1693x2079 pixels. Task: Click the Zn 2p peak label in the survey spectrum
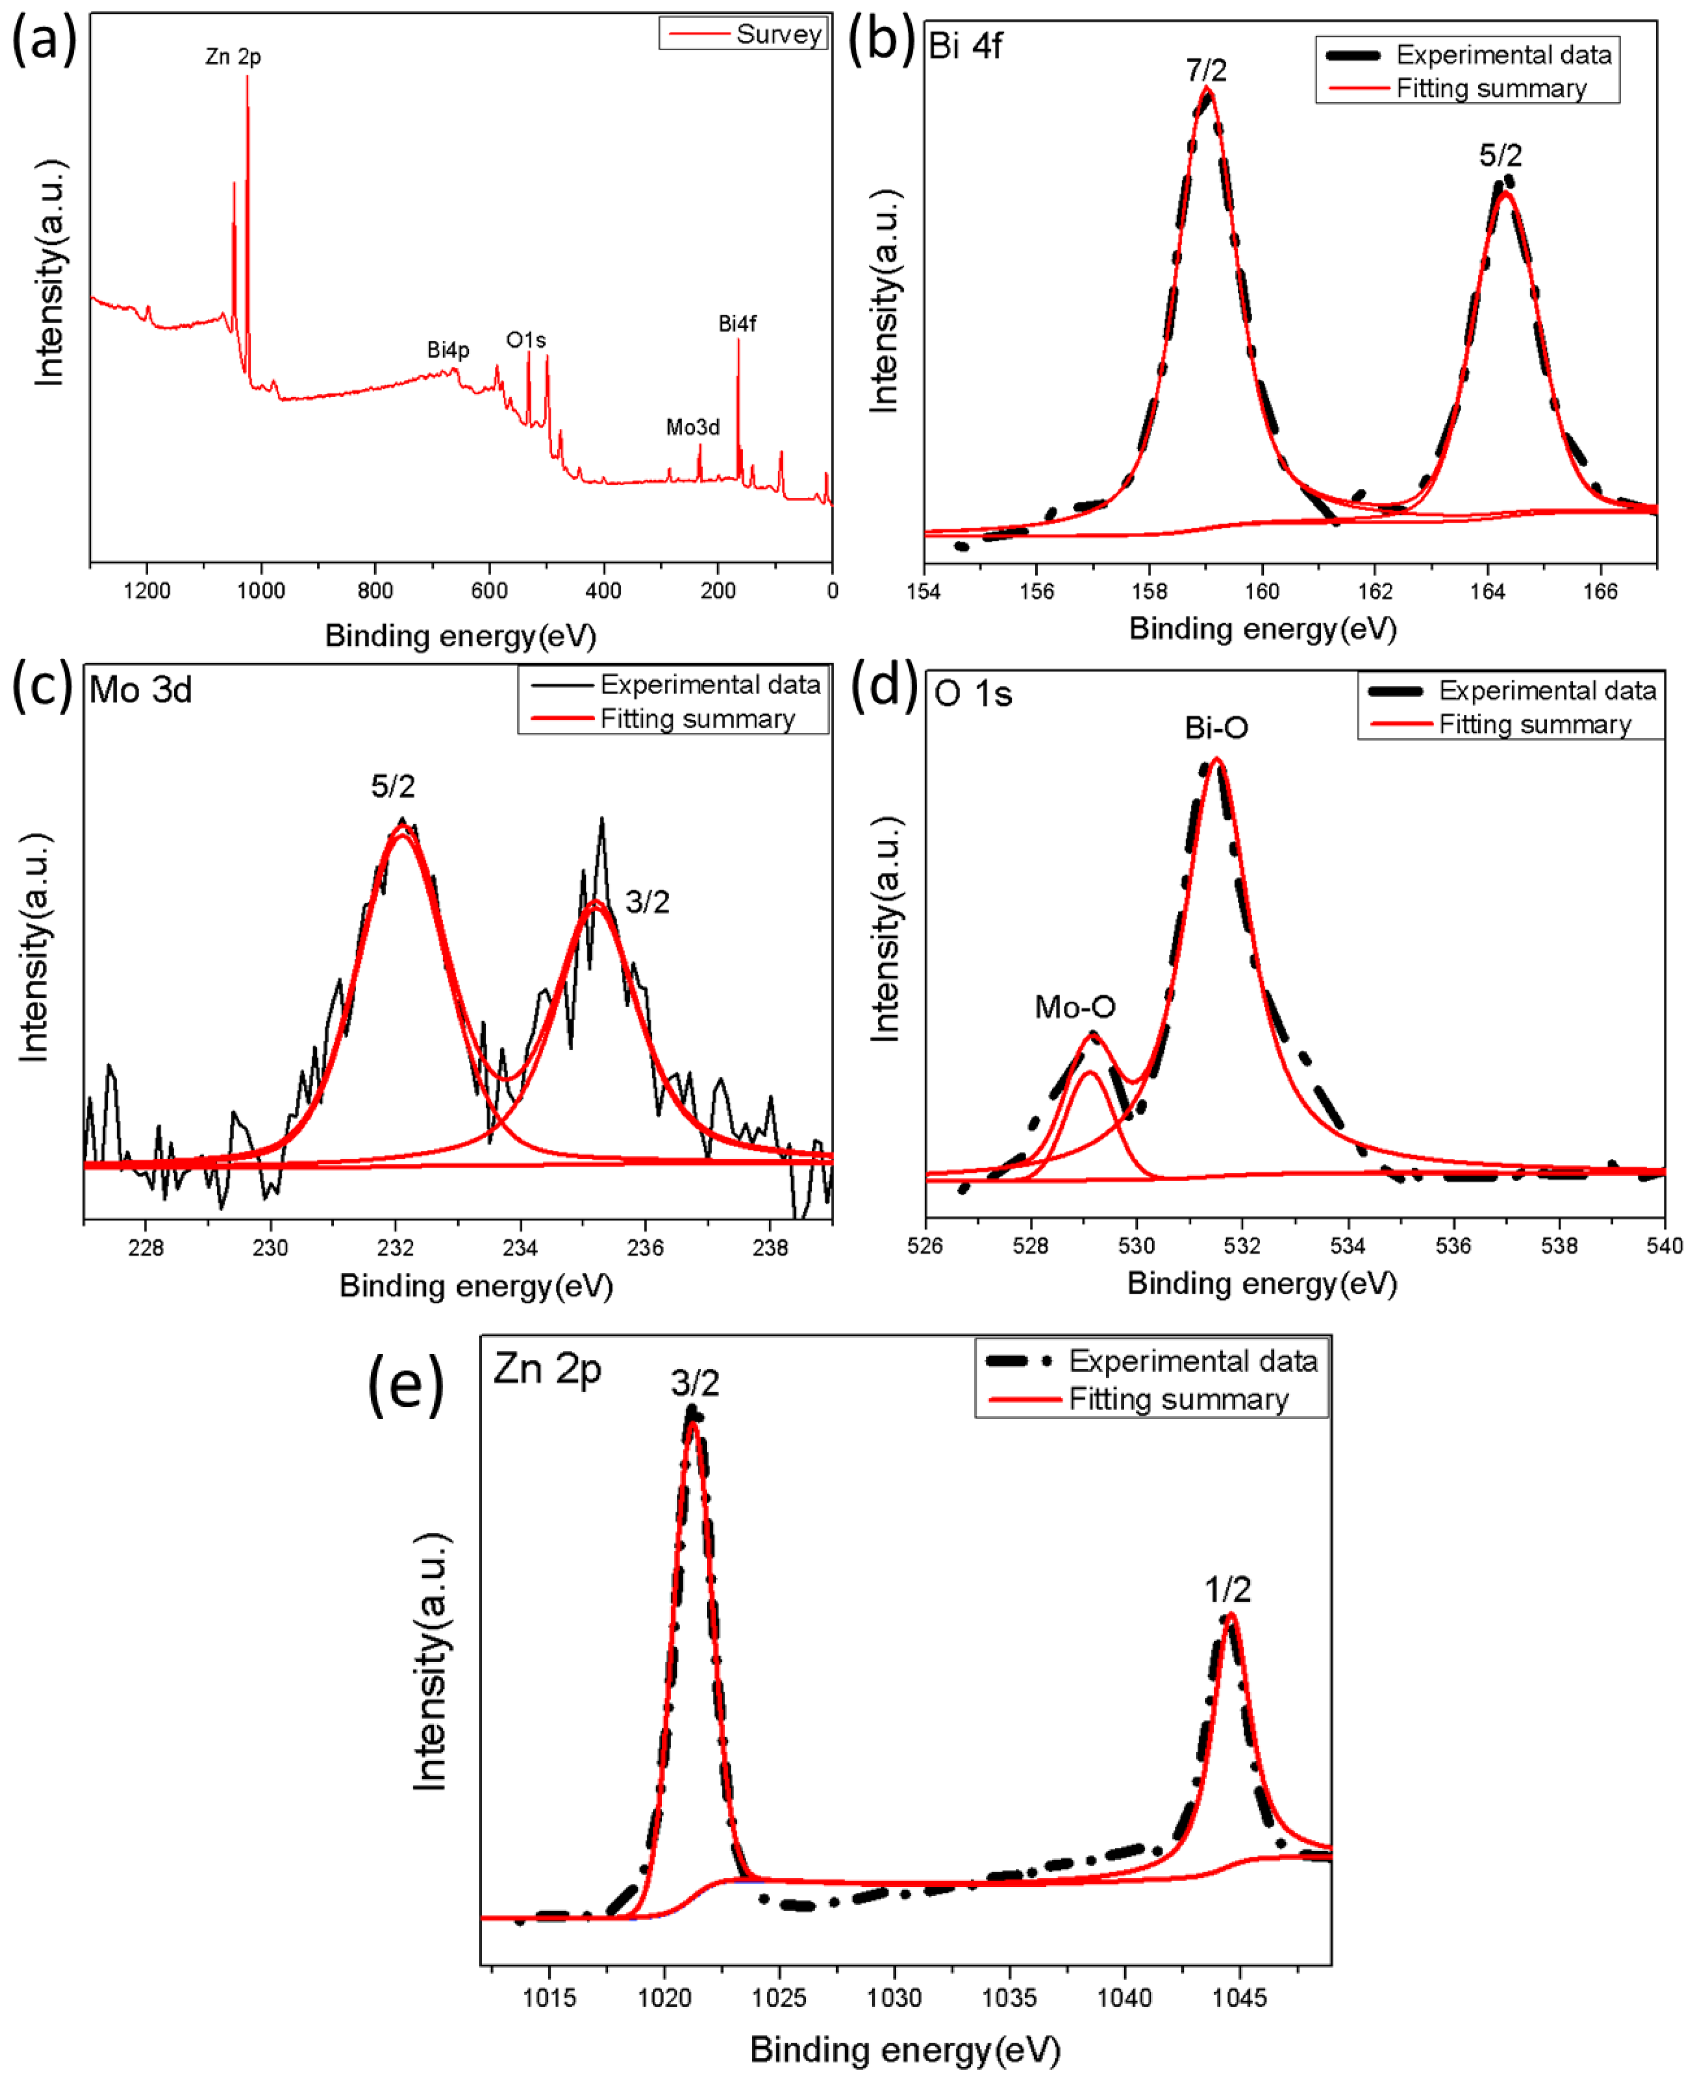pos(233,57)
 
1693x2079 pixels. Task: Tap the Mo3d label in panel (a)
pos(692,427)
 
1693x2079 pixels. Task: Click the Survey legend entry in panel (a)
pos(778,34)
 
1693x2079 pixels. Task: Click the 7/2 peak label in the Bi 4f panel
pos(1206,70)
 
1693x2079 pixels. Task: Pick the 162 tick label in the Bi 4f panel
pos(1375,591)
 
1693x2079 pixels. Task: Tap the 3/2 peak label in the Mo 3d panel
pos(648,902)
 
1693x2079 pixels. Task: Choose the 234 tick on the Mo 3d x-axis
pos(520,1247)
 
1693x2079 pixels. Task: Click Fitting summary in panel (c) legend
pos(698,719)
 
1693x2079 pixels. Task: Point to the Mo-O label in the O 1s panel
pos(1075,1006)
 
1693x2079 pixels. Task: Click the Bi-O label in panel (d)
pos(1216,728)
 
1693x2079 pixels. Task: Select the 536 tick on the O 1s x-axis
pos(1453,1245)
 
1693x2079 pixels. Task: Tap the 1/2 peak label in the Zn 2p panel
pos(1228,1590)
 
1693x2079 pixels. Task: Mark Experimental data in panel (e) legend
pos(1193,1360)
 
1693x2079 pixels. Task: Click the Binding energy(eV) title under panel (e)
pos(905,2050)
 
